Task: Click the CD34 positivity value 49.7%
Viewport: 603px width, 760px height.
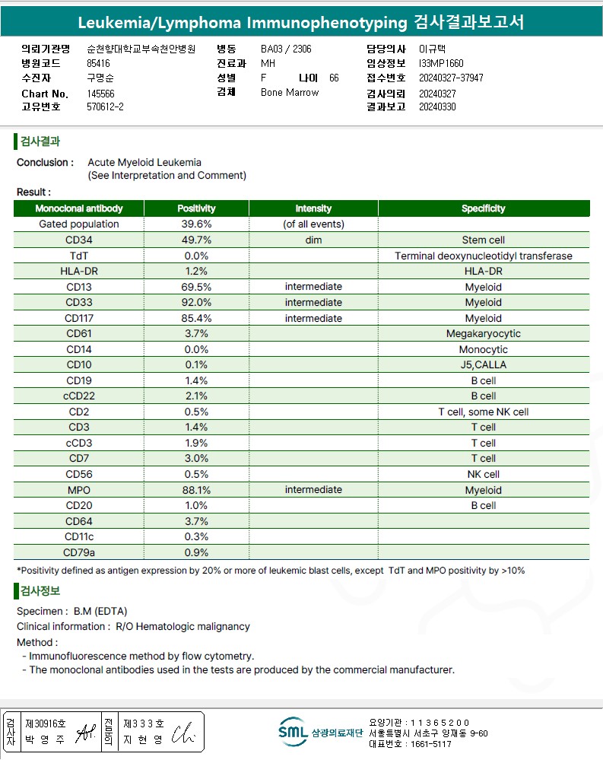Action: pos(196,240)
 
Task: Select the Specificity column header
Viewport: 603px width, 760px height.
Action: pos(483,208)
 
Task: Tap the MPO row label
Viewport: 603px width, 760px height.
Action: pos(79,490)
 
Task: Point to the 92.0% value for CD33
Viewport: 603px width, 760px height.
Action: pos(196,303)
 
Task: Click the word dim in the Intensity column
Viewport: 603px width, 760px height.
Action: pos(313,240)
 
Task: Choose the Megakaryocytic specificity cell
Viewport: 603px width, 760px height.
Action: pos(483,334)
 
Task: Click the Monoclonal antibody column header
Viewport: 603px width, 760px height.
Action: pos(79,208)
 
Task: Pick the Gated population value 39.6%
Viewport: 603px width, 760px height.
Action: pos(196,224)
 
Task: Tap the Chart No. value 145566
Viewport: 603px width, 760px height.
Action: pos(100,94)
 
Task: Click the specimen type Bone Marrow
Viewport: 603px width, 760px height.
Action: pos(290,93)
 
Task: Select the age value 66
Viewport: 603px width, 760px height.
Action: pos(334,78)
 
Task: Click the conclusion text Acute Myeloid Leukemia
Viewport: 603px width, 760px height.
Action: pos(144,162)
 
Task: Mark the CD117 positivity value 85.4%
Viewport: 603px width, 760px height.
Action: pos(196,318)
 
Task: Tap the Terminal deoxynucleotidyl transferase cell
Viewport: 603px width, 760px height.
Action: pos(483,256)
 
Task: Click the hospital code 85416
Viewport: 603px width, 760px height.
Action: pos(99,64)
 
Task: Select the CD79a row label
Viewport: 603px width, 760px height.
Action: pos(79,552)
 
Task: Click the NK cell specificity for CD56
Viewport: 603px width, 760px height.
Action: pos(483,474)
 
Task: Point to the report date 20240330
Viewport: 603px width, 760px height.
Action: pos(437,107)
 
